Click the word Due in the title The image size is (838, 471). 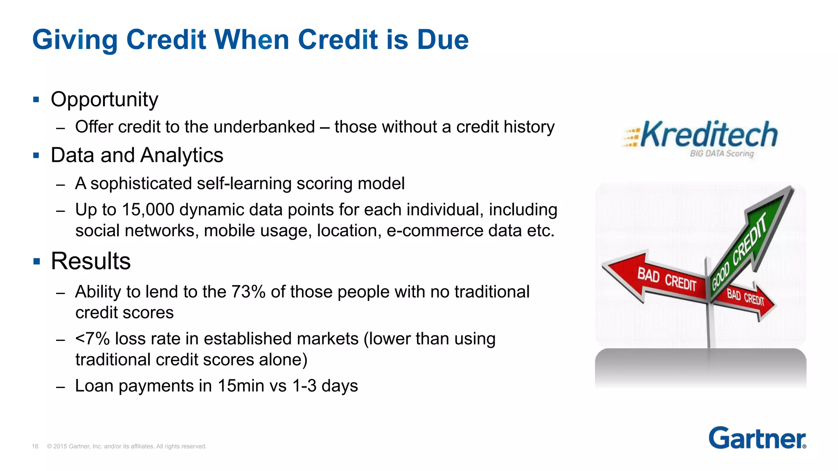(x=443, y=40)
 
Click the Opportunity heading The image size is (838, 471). (x=104, y=99)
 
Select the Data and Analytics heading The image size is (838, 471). (x=137, y=155)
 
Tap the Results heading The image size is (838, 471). (x=90, y=261)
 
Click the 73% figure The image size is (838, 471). (x=248, y=292)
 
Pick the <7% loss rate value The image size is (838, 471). (x=92, y=339)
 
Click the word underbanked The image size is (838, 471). (x=264, y=127)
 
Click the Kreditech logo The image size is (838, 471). (x=701, y=135)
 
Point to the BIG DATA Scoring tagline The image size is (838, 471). (x=721, y=154)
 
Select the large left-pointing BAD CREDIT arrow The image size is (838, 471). (x=655, y=278)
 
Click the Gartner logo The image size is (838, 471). (x=757, y=438)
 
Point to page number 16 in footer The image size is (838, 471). (x=35, y=446)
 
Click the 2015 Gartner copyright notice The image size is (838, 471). (x=126, y=446)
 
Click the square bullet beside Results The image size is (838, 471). (x=37, y=262)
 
